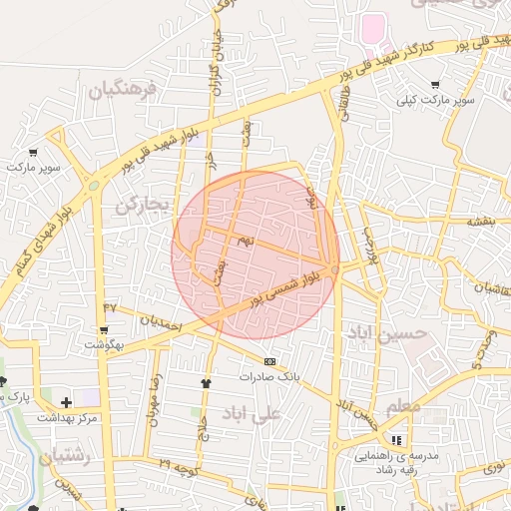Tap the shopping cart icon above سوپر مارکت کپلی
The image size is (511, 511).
click(x=435, y=85)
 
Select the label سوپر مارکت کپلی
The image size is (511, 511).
click(x=435, y=100)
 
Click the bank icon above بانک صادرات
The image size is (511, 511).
click(x=268, y=360)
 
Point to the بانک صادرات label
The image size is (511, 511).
click(x=268, y=377)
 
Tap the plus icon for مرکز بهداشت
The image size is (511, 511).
click(x=66, y=402)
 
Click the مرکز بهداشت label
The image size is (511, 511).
click(x=67, y=417)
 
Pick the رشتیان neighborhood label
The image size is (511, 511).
click(x=68, y=458)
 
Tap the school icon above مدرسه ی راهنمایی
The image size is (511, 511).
click(x=397, y=440)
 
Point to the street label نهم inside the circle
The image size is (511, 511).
click(x=246, y=242)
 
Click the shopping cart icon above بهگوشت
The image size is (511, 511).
click(x=104, y=329)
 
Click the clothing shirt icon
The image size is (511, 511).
click(x=207, y=381)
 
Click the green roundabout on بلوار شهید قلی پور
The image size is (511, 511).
click(x=94, y=184)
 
